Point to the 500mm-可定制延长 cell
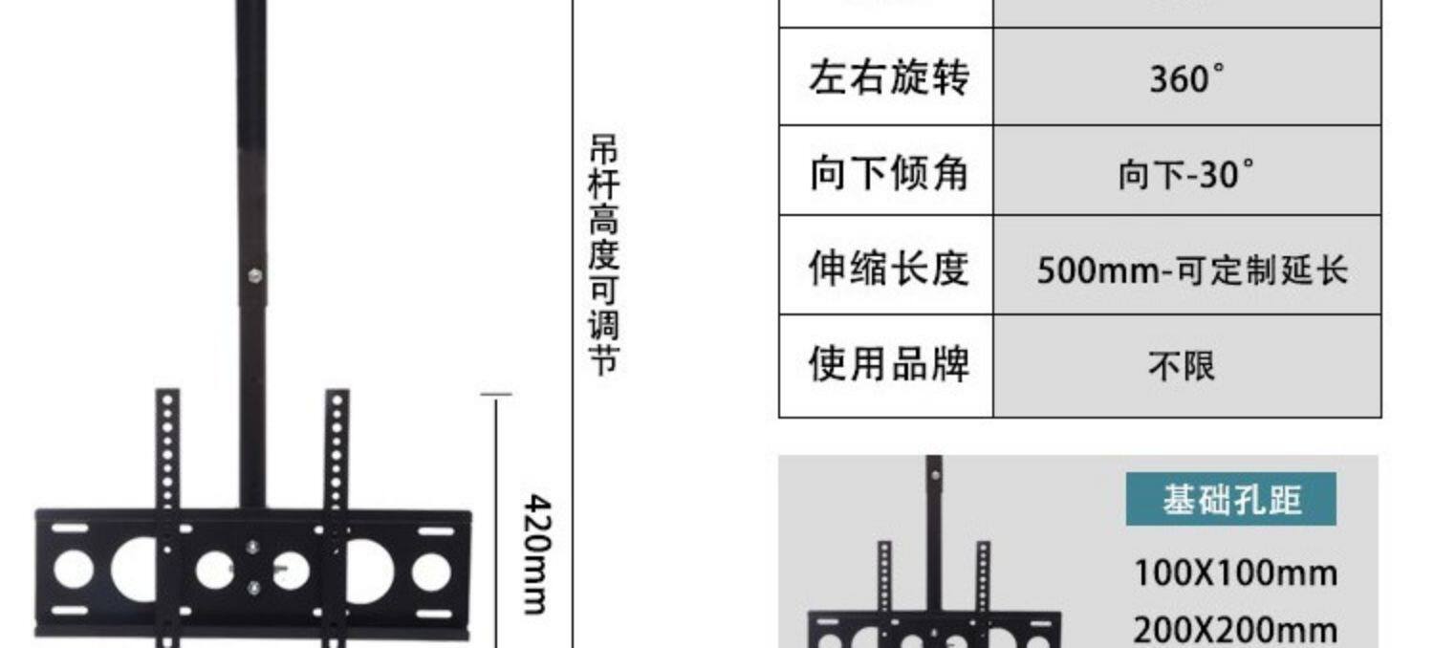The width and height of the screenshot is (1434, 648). point(1192,270)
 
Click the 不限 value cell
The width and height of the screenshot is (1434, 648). point(1183,365)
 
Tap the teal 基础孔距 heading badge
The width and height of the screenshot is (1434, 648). point(1231,500)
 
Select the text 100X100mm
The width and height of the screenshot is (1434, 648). point(1235,573)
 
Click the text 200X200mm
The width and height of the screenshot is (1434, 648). point(1235,631)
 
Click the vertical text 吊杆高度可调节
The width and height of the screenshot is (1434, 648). point(603,255)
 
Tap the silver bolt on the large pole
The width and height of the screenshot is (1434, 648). point(254,276)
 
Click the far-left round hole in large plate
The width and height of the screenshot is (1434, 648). point(73,571)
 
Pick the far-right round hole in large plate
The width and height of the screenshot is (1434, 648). point(431,571)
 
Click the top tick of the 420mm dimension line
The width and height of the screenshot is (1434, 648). point(495,393)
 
